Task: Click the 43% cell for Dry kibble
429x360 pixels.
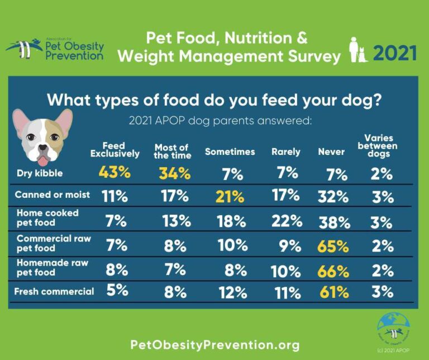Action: pyautogui.click(x=115, y=173)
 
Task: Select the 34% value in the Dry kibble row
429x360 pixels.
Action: pyautogui.click(x=174, y=173)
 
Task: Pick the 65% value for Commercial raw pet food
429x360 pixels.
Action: pyautogui.click(x=333, y=246)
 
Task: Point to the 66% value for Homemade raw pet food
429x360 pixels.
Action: pyautogui.click(x=333, y=272)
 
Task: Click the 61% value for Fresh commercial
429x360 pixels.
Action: pyautogui.click(x=333, y=292)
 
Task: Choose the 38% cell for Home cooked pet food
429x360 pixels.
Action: pyautogui.click(x=334, y=222)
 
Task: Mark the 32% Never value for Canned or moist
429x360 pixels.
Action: pyautogui.click(x=333, y=197)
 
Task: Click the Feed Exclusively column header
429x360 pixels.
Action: pyautogui.click(x=115, y=150)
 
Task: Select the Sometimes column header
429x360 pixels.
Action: pyautogui.click(x=230, y=152)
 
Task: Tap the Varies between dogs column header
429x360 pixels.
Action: pyautogui.click(x=380, y=146)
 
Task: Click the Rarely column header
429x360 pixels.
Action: pyautogui.click(x=286, y=152)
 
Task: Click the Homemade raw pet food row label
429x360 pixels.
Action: pyautogui.click(x=44, y=268)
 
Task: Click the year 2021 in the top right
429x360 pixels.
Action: pyautogui.click(x=395, y=54)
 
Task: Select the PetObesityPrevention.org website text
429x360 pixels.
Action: pyautogui.click(x=214, y=344)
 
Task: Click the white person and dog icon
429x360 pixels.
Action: pyautogui.click(x=357, y=50)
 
